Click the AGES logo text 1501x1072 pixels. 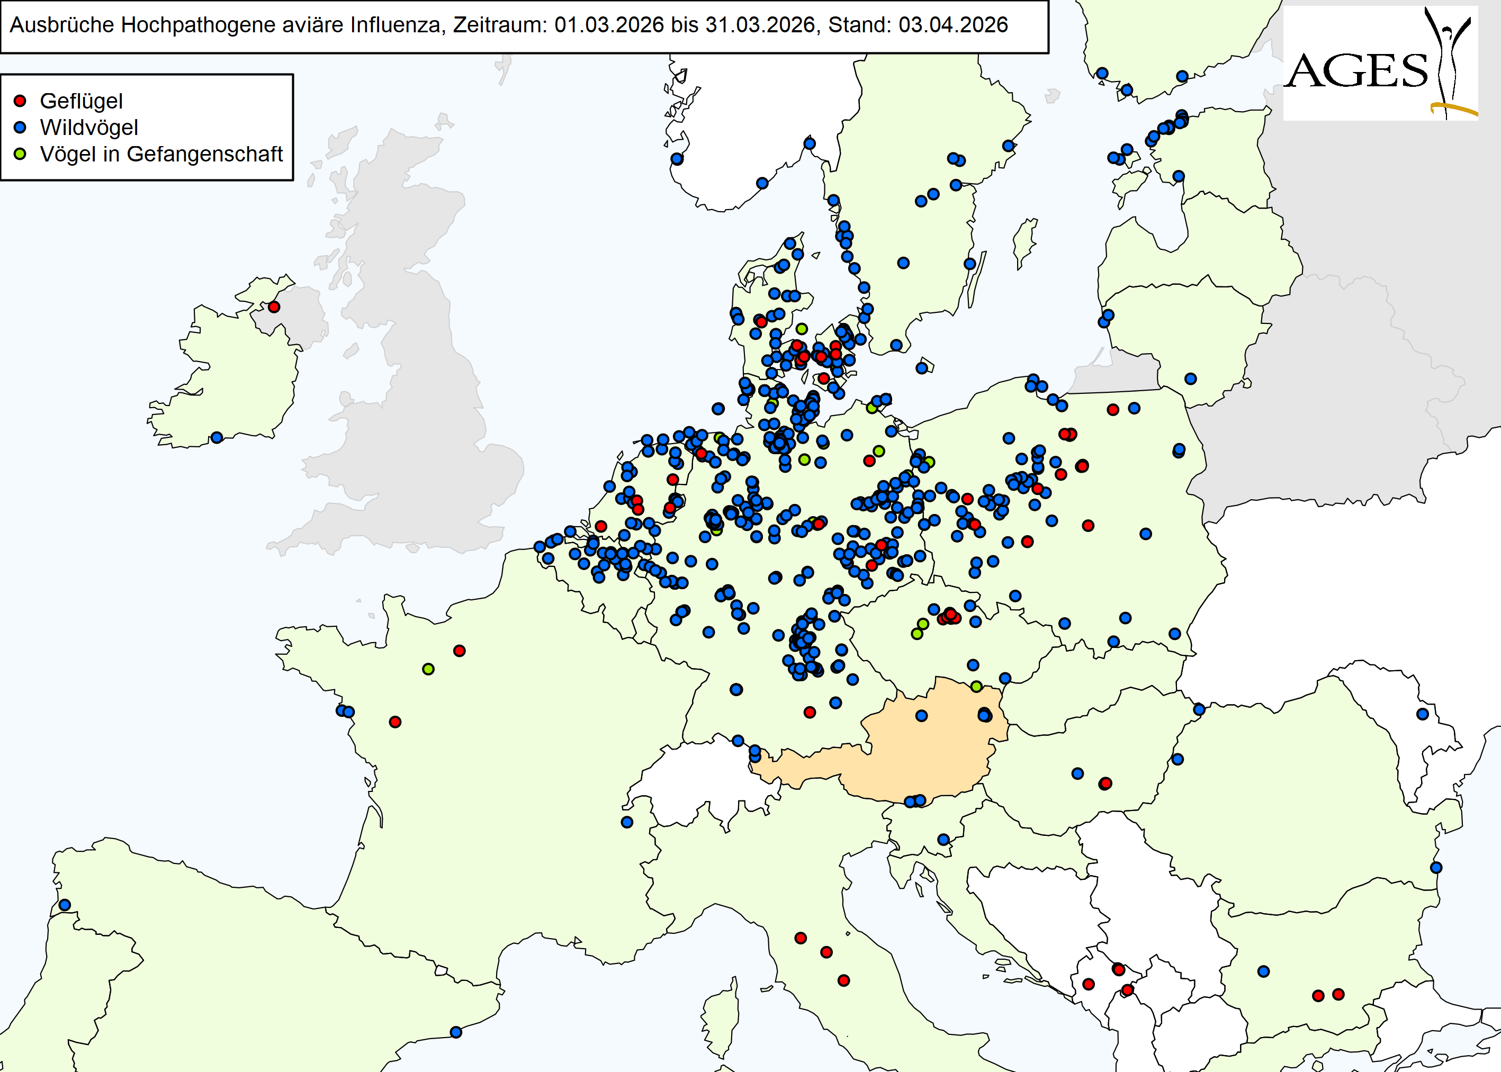tap(1357, 71)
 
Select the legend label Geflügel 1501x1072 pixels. tap(81, 101)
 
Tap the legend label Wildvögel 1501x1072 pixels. tap(89, 128)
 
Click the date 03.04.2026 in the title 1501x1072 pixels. tap(953, 25)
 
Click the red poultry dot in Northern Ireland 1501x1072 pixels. tap(274, 307)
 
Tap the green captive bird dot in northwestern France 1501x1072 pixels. tap(428, 669)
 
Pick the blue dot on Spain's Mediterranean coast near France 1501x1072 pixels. tap(455, 1032)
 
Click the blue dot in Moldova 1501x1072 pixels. tap(1423, 714)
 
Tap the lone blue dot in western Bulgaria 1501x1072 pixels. tap(1263, 971)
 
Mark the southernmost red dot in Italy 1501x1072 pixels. tap(843, 981)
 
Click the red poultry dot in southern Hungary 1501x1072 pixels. tap(1105, 783)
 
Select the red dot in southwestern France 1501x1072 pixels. tap(395, 722)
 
